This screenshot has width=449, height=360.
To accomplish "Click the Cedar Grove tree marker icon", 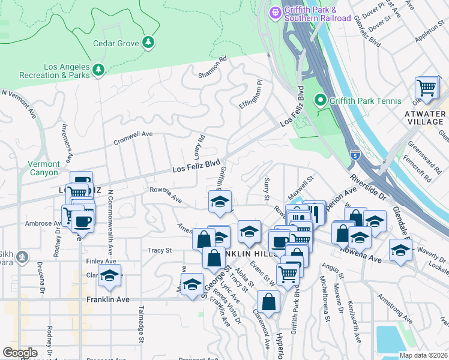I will (x=148, y=42).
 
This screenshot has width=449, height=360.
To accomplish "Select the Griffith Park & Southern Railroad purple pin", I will (x=276, y=12).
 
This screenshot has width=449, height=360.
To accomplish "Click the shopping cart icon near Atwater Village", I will (x=427, y=88).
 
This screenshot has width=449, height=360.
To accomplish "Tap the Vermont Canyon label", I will (x=44, y=168).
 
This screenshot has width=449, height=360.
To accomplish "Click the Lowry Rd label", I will (x=199, y=146).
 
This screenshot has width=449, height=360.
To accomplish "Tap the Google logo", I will (x=20, y=352).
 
